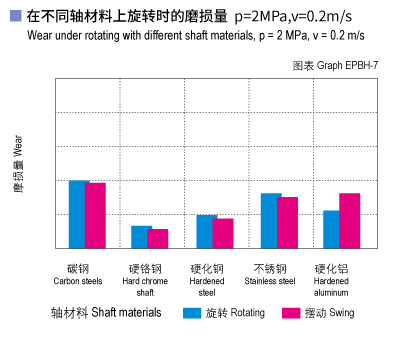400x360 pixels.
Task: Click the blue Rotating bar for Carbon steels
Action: tap(78, 214)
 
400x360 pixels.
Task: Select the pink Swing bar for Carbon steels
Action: tap(96, 215)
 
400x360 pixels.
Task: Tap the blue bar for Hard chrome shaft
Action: tap(141, 237)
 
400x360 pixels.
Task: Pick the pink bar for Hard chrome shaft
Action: tap(158, 238)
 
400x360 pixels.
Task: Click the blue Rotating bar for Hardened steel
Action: tap(206, 231)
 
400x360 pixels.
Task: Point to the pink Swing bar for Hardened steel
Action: tap(223, 233)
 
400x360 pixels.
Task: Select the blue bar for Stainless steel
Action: tap(270, 220)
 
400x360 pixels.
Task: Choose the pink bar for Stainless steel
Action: tap(288, 222)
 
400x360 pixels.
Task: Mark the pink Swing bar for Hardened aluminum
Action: tap(349, 220)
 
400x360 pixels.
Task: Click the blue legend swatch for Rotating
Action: tap(192, 313)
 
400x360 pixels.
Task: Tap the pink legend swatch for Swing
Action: tap(291, 313)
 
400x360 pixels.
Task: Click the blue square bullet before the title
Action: tap(14, 16)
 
